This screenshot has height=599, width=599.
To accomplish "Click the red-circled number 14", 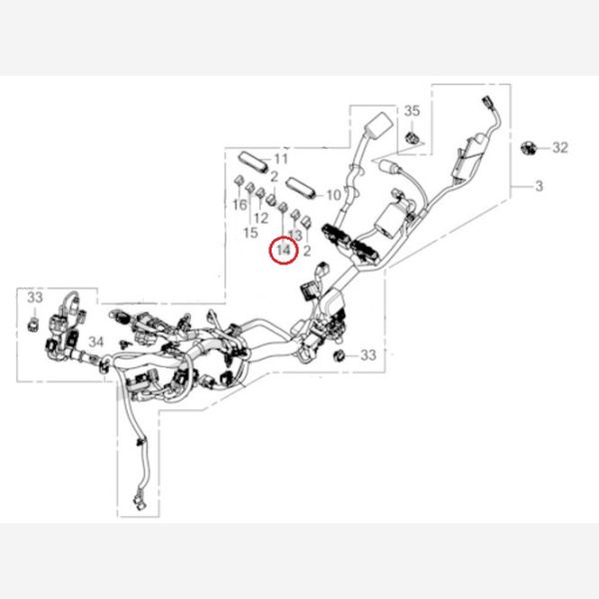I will (x=284, y=250).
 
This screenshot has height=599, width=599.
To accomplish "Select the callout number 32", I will (x=560, y=148).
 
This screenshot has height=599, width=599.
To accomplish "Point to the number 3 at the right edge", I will (x=539, y=187).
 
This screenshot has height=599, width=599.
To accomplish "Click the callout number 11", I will (x=281, y=160).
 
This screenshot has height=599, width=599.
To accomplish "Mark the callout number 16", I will (x=240, y=205).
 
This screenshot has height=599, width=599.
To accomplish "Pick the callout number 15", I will (x=251, y=232).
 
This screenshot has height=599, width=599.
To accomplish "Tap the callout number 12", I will (x=263, y=218).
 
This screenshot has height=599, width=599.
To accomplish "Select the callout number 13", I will (x=296, y=234).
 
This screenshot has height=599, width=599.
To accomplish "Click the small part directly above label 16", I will (x=240, y=183).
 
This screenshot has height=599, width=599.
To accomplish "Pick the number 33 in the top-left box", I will (x=35, y=299).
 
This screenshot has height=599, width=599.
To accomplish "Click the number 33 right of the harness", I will (x=367, y=354).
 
